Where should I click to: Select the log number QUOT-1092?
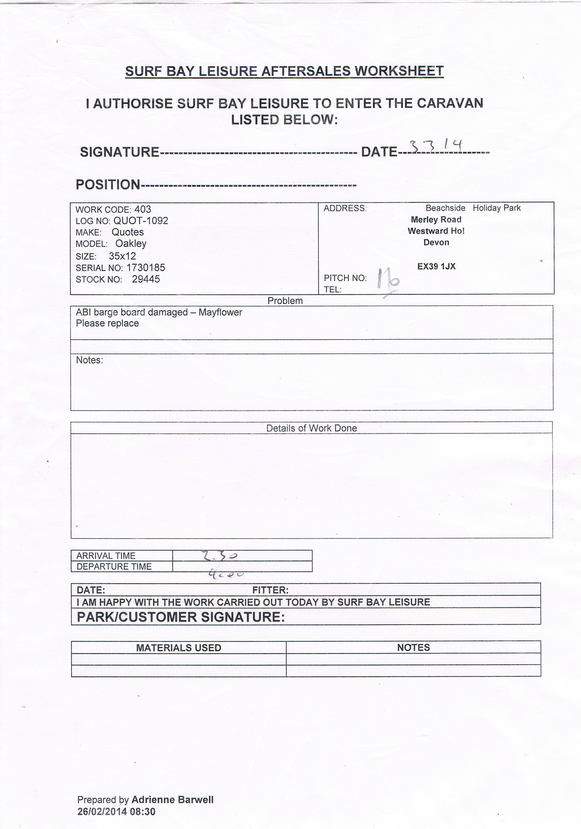[141, 221]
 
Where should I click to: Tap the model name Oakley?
[131, 244]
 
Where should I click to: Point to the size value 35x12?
[122, 256]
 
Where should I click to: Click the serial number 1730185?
[145, 268]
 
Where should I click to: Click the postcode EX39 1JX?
[436, 266]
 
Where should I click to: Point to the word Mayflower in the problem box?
[220, 312]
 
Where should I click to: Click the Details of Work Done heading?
[311, 428]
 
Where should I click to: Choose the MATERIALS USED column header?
[179, 648]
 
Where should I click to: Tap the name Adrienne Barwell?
[172, 800]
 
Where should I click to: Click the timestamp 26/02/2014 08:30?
[116, 812]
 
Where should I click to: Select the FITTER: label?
[270, 590]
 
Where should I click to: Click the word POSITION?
[108, 185]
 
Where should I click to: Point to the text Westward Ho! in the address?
[436, 231]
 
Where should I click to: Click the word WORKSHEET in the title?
[399, 71]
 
